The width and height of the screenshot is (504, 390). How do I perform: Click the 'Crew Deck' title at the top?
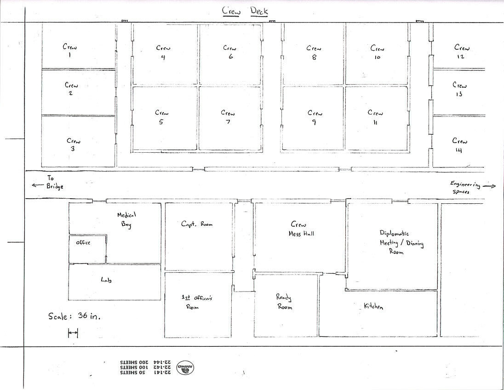(245, 11)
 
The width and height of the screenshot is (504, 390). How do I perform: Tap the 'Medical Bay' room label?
(126, 219)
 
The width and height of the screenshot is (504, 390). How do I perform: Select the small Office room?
(87, 249)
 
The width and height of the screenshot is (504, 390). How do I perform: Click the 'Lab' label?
(106, 280)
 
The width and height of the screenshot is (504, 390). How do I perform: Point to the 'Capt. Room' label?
(197, 224)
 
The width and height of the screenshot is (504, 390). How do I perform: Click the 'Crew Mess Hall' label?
(301, 229)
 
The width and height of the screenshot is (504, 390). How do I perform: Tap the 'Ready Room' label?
(284, 302)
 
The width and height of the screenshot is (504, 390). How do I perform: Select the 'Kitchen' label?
(373, 306)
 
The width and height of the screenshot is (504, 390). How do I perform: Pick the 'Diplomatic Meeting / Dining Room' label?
(401, 242)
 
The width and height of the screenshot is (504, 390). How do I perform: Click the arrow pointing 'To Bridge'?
(38, 185)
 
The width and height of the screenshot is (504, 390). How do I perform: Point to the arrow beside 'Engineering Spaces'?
(489, 186)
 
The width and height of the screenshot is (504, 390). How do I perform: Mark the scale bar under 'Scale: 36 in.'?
(73, 333)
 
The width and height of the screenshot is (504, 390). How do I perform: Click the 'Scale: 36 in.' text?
(74, 316)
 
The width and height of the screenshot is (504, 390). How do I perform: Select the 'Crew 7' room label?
(228, 117)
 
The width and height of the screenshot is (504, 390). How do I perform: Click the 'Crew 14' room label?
(460, 145)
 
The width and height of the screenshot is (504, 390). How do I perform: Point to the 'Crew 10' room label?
(377, 52)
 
